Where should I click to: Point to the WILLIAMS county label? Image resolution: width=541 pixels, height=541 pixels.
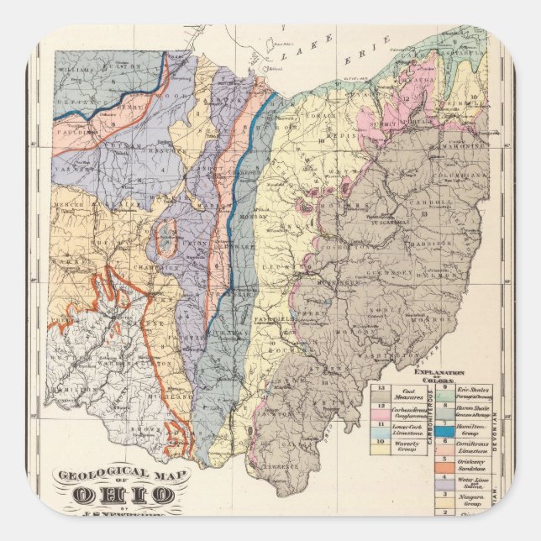[76, 60]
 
